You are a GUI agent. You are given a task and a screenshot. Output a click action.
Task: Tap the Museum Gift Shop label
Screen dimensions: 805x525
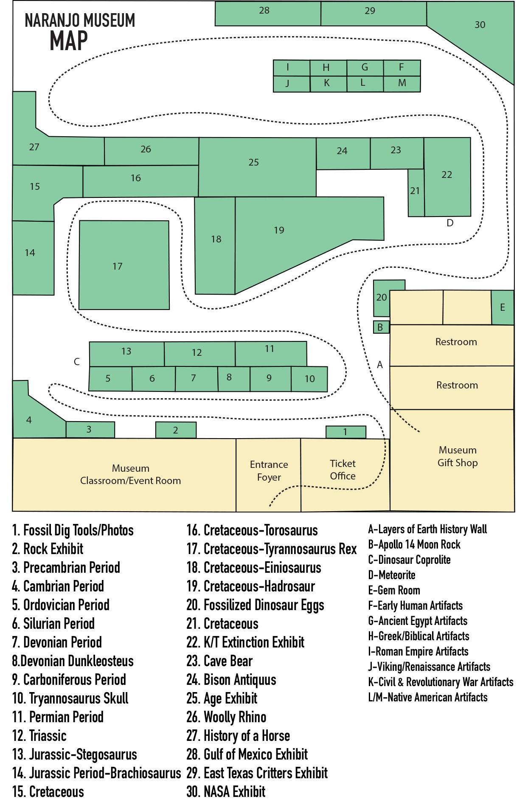point(458,456)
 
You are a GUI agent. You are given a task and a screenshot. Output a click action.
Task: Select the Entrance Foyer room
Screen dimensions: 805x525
point(269,471)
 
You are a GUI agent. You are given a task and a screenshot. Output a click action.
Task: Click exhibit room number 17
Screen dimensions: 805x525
point(124,265)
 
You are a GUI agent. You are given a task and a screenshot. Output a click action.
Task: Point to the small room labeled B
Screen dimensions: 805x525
point(381,327)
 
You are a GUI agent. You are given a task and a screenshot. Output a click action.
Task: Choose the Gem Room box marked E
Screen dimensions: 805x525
point(503,307)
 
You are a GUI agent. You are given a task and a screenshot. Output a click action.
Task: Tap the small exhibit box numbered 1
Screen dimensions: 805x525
point(345,432)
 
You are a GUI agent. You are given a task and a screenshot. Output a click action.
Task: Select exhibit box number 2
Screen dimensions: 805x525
point(176,430)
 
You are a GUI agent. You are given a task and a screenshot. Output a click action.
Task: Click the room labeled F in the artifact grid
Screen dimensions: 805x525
point(401,68)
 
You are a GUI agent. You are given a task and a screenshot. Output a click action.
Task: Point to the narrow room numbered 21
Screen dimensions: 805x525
point(416,192)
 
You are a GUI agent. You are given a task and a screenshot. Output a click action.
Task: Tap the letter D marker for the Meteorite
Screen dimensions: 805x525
point(450,223)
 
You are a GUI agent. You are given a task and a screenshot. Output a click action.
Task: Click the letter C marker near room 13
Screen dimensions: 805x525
point(77,362)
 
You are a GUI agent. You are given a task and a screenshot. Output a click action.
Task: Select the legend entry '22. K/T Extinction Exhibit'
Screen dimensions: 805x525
point(246,642)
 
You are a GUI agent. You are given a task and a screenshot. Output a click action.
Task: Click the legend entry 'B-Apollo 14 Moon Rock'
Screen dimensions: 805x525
point(414,544)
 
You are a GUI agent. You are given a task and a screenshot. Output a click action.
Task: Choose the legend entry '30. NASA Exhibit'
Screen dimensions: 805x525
point(226,792)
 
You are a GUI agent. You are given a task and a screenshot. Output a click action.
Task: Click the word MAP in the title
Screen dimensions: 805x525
point(69,42)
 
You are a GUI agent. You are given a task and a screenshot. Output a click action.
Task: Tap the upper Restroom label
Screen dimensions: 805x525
point(456,342)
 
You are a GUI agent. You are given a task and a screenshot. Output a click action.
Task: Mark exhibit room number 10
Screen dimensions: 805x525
point(309,379)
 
